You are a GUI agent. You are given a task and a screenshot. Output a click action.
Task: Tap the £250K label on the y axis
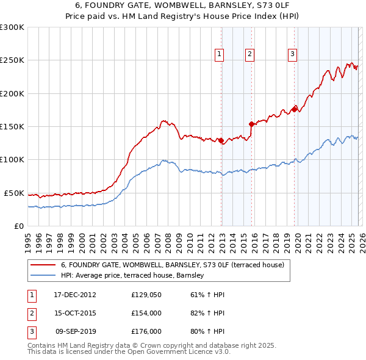[x=12, y=60]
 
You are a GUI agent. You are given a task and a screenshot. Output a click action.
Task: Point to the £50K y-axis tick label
[x=14, y=193]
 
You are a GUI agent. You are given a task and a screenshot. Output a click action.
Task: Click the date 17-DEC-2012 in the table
[x=75, y=295]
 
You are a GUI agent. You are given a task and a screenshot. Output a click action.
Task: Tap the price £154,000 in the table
[x=146, y=313]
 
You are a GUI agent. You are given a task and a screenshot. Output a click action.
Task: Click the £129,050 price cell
[x=146, y=295]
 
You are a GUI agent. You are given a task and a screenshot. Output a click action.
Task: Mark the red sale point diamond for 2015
[x=251, y=124]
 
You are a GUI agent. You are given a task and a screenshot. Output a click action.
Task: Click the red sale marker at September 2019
[x=294, y=109]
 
